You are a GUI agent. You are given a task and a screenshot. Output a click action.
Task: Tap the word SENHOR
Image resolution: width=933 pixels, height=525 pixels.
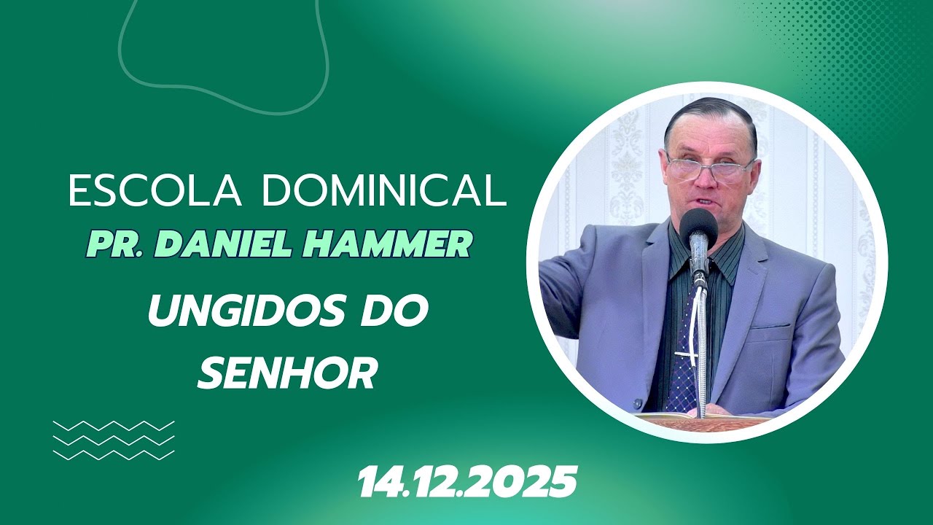coord(287,373)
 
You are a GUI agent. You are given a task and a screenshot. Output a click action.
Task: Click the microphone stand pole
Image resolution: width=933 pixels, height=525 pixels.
coord(701,350)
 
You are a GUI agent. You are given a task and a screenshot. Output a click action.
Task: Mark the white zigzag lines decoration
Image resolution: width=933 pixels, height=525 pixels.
coord(114,440)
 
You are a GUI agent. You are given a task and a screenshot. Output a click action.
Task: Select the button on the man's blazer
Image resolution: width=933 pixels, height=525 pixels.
coord(639,402)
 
